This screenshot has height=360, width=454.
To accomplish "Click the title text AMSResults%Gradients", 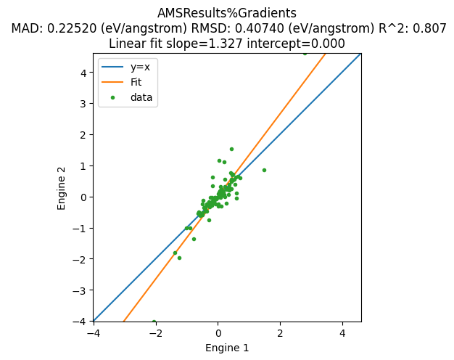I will (x=226, y=13).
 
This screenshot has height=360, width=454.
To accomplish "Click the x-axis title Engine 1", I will (x=227, y=348).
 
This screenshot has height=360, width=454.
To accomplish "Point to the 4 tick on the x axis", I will (x=342, y=333).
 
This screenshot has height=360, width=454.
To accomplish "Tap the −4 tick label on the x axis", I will (x=94, y=333).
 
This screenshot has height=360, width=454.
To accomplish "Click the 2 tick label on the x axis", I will (x=280, y=333).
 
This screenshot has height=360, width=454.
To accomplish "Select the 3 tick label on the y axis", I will (x=83, y=103).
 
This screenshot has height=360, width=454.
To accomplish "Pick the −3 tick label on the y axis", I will (x=81, y=290).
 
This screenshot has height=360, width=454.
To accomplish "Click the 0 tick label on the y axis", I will (x=83, y=197).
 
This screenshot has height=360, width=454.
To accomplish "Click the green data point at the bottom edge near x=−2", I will (x=154, y=322).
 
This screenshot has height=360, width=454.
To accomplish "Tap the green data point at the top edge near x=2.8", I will (x=305, y=53).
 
